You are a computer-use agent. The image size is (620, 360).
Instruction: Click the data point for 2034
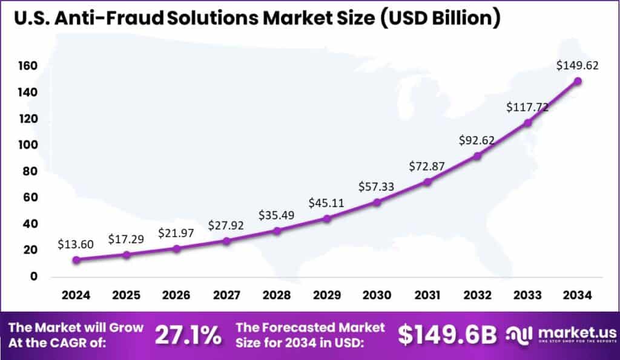coord(578,81)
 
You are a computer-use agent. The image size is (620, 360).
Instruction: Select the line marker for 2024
coord(76,260)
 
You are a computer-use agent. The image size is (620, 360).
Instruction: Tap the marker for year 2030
coord(377,202)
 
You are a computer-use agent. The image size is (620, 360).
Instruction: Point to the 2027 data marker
coord(226,241)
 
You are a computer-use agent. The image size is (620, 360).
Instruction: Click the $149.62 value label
coord(578,66)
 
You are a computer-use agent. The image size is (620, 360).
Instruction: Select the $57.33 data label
coord(377,187)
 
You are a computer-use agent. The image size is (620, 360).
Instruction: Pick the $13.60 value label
coord(76,244)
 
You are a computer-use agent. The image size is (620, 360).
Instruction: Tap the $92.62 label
coord(477,140)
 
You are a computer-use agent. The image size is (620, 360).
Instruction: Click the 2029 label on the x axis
coord(326,295)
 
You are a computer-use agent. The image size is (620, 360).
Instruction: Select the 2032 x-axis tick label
coord(477,295)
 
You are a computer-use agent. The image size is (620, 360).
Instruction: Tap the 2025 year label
coord(126,295)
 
